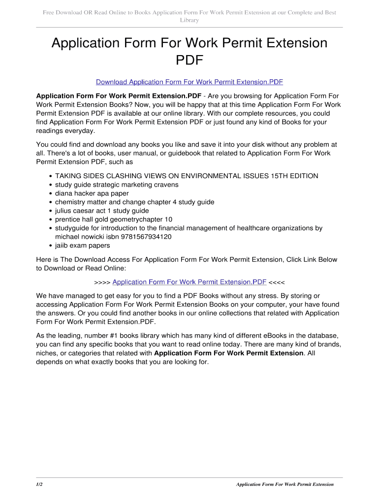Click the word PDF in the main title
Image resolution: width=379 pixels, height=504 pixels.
point(189,61)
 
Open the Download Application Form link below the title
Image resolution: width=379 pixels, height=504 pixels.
point(189,82)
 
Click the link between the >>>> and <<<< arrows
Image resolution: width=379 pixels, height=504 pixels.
point(189,282)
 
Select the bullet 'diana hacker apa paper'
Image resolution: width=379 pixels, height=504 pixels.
point(92,193)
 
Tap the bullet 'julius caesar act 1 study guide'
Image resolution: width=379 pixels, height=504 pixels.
point(102,211)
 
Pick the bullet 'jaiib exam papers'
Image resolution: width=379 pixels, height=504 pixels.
point(83,245)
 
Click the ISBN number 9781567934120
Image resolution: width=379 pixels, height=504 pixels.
point(143,237)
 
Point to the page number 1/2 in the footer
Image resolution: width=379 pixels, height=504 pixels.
point(39,484)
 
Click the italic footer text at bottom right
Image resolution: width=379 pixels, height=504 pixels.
point(284,484)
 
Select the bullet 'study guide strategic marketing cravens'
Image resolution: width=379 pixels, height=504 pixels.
point(117,185)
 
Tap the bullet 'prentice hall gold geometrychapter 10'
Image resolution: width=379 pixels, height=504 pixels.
point(114,220)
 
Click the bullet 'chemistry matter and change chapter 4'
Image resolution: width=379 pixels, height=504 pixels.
point(134,202)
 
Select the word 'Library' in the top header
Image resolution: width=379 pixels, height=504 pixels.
point(189,20)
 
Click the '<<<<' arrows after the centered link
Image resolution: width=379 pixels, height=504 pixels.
point(277,282)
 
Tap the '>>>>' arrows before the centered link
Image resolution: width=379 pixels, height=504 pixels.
point(102,282)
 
